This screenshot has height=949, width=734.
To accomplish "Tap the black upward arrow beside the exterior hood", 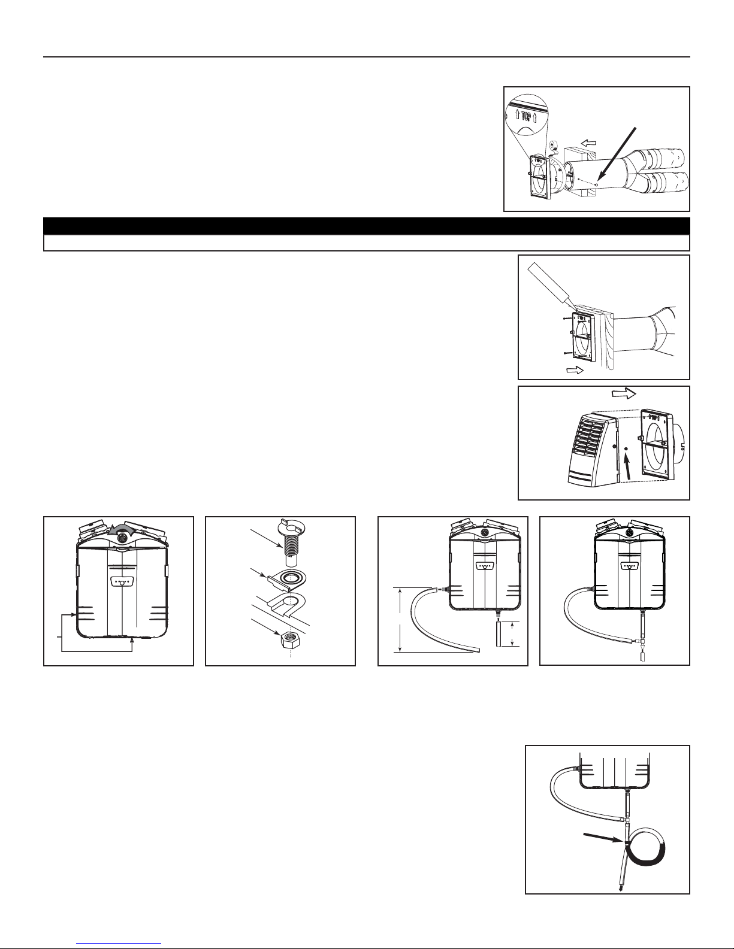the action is pyautogui.click(x=628, y=466).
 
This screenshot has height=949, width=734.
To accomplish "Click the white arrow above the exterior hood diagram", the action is pyautogui.click(x=624, y=393).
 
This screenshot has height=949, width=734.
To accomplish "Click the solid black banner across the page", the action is pyautogui.click(x=367, y=227).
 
